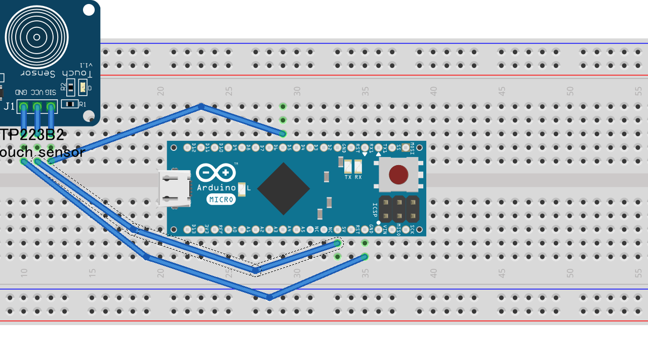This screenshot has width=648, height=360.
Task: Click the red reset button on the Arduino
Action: pos(398,175)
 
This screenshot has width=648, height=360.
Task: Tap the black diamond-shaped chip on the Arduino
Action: pos(283,188)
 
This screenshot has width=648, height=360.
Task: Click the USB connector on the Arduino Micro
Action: pos(175,189)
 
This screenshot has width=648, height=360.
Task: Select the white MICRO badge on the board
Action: pos(221,199)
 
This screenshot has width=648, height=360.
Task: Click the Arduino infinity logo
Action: pos(216,173)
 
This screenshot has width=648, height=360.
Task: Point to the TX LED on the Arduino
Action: pos(348,166)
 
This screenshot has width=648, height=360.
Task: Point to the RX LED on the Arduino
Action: pos(358,166)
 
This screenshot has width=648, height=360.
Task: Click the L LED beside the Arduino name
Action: pos(241,189)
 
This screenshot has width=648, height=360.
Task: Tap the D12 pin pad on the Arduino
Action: pos(187,148)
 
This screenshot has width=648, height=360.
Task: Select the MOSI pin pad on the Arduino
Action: pos(412,148)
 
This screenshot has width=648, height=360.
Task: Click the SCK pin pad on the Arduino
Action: pos(412,229)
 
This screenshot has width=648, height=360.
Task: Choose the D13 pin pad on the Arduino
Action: pos(187,229)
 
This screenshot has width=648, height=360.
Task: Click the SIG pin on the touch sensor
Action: pos(51,107)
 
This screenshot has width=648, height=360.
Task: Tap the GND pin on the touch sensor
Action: pos(23,107)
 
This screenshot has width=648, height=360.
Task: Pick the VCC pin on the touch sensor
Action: pos(37,107)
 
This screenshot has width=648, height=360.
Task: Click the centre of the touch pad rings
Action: pos(36,37)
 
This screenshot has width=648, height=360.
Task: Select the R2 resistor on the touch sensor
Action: pos(70,87)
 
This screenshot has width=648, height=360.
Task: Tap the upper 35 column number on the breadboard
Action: pos(365,91)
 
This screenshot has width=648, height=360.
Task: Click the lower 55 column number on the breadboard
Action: pos(638,273)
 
